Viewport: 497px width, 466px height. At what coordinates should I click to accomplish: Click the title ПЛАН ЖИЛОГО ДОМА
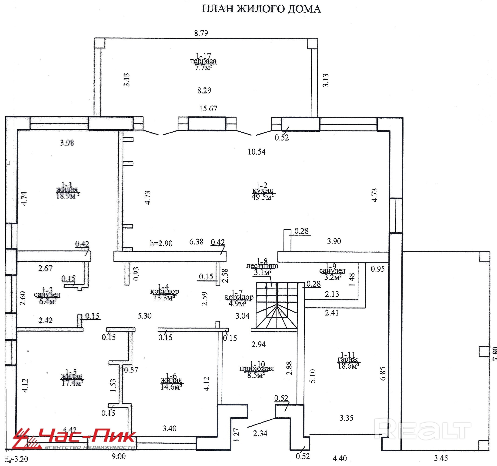click(261, 9)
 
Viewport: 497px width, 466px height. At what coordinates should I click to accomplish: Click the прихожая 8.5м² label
click(257, 369)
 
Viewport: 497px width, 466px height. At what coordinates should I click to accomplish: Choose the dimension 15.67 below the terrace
click(208, 108)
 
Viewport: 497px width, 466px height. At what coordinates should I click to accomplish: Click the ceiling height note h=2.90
click(161, 243)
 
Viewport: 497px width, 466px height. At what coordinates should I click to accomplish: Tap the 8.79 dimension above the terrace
click(201, 33)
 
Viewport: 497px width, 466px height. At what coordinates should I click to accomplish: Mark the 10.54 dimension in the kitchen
click(257, 152)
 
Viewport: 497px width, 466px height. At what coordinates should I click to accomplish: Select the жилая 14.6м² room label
click(171, 381)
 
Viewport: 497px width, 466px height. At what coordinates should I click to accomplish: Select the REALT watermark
click(423, 430)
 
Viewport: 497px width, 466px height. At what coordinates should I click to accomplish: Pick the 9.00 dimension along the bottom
click(119, 456)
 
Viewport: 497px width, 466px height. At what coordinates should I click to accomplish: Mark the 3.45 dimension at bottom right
click(441, 458)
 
